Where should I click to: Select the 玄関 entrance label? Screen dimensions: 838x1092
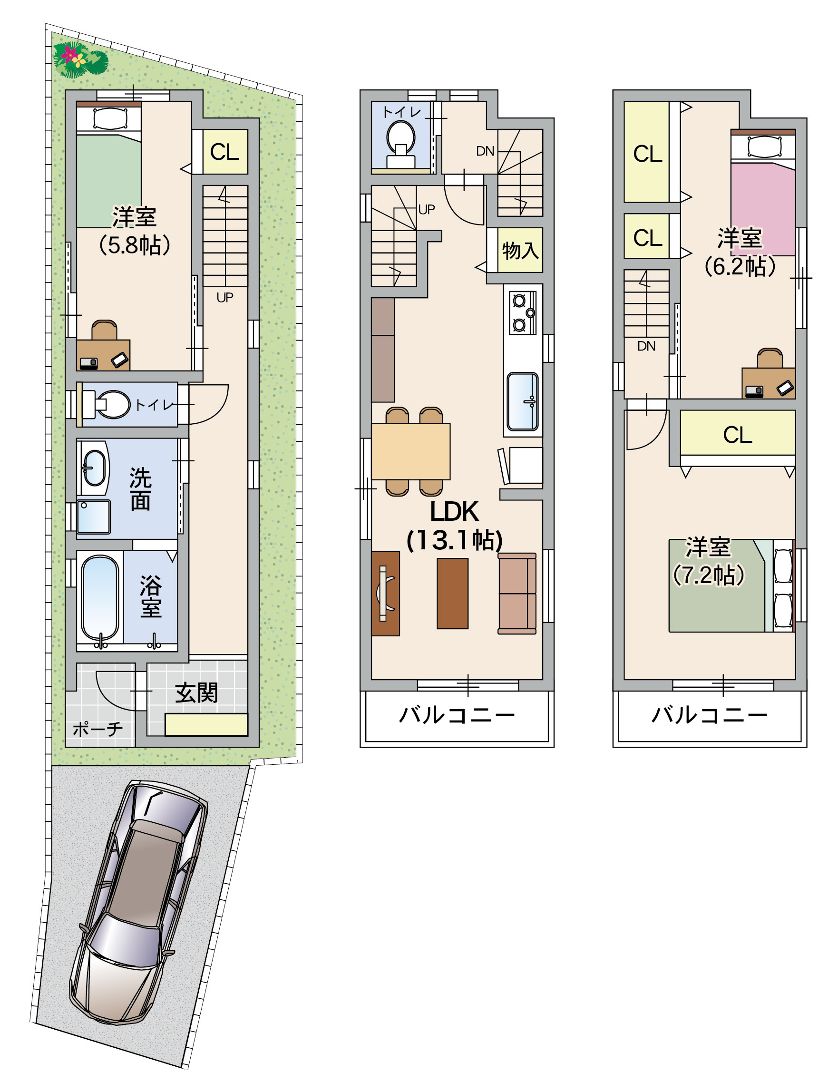196,693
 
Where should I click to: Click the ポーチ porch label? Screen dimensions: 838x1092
98,729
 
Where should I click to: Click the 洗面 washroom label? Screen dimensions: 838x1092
141,489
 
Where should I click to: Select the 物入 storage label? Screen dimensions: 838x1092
520,251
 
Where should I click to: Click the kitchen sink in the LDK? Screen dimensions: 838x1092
523,401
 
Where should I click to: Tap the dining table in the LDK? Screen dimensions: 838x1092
411,451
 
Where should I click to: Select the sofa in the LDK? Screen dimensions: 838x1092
517,593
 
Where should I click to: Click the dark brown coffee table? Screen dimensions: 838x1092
452,593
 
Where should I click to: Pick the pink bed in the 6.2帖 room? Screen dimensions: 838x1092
763,193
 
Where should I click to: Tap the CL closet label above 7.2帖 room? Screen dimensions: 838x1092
738,435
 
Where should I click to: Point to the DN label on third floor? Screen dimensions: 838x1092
646,346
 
